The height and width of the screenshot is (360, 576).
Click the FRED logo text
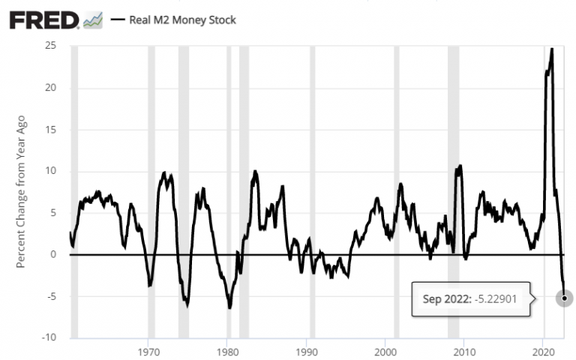(43, 19)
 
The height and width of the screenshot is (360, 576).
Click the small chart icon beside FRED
(93, 19)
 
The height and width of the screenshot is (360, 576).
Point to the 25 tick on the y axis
(51, 46)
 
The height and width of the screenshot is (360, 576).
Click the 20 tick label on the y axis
(51, 88)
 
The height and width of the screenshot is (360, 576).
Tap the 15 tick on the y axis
(52, 130)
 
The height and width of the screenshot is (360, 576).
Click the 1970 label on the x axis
(148, 351)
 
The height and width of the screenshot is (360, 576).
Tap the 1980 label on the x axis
(227, 351)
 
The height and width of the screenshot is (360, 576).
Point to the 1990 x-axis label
(306, 351)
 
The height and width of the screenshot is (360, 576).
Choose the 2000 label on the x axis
(385, 351)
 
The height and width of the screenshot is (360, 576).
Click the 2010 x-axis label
(464, 351)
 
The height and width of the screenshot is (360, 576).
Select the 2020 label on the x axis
(543, 351)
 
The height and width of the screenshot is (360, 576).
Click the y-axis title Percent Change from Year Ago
(22, 192)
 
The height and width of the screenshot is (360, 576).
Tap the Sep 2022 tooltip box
(471, 298)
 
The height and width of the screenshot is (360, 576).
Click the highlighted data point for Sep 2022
(564, 298)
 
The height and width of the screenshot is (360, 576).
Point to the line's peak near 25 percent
(552, 49)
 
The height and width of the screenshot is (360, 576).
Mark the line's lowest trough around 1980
(229, 307)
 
